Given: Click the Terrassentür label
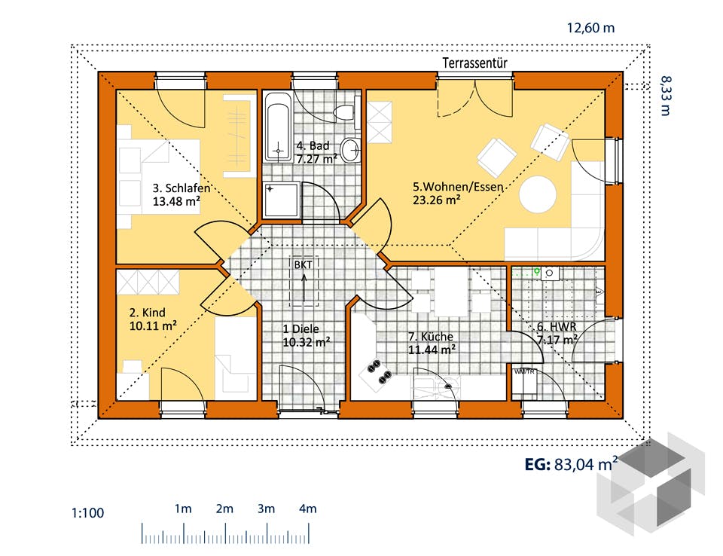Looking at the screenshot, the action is click(x=474, y=63).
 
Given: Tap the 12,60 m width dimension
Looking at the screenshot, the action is click(x=590, y=28).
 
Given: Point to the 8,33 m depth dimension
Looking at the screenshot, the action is click(x=665, y=96).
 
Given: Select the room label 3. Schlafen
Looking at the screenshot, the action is click(x=182, y=188).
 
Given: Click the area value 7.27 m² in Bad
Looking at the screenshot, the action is click(x=317, y=159).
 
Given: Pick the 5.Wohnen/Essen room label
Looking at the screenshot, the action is click(x=457, y=187).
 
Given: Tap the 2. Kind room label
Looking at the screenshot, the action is click(x=147, y=313).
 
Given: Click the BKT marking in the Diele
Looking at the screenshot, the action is click(x=304, y=265).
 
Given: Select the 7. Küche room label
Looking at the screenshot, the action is click(x=431, y=337).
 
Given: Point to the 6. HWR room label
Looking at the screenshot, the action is click(x=557, y=327).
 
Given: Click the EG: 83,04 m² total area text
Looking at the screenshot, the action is click(x=572, y=464).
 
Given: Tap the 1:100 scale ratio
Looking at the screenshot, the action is click(x=87, y=512).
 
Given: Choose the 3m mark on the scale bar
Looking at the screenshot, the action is click(x=266, y=509).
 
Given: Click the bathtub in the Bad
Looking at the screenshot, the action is click(x=279, y=127).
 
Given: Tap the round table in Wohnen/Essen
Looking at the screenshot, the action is click(x=538, y=194).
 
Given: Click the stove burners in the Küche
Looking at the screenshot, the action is click(x=380, y=371).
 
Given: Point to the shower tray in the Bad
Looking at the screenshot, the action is click(x=281, y=200).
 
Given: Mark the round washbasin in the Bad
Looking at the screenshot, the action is click(x=351, y=149).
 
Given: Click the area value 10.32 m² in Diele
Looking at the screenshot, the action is click(x=307, y=342).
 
